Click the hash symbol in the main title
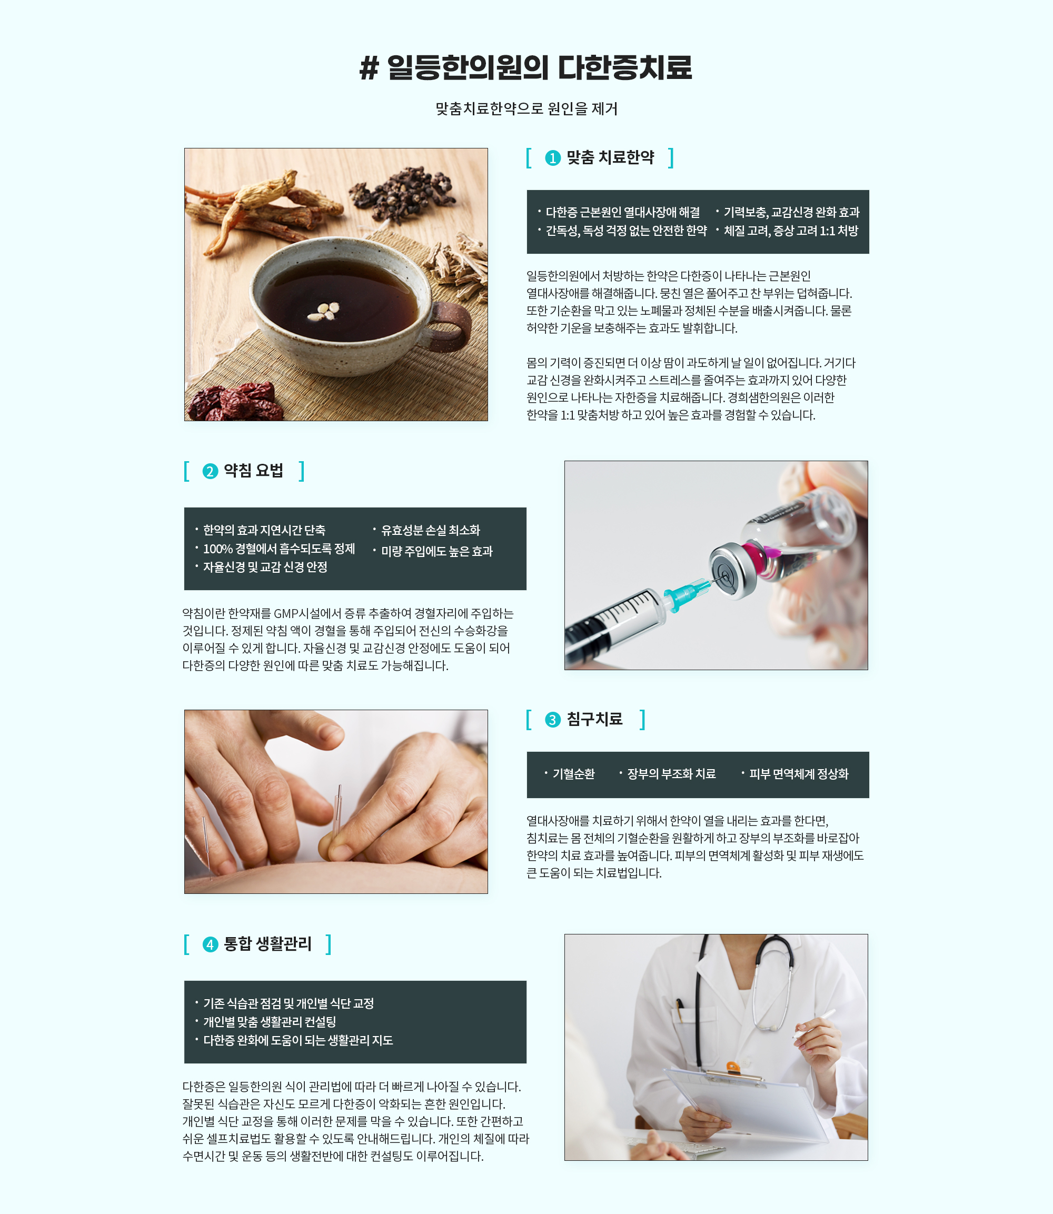tap(369, 68)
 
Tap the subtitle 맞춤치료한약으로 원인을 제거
tap(526, 108)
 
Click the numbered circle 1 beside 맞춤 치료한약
tap(553, 158)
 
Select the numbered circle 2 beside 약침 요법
tap(211, 471)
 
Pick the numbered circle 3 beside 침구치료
tap(553, 720)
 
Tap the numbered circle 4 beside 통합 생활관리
tap(211, 944)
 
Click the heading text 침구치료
tap(594, 719)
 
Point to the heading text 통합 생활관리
tap(267, 944)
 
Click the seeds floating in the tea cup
tap(324, 310)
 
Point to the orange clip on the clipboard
tap(732, 1067)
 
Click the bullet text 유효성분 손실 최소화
tap(431, 531)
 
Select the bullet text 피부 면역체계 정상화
tap(799, 774)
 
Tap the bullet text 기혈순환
tap(573, 774)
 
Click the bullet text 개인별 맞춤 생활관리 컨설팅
tap(270, 1022)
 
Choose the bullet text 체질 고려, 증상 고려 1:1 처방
tap(791, 231)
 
